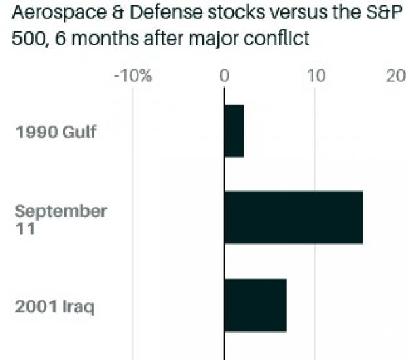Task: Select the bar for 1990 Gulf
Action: (x=234, y=131)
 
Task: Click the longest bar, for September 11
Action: (x=293, y=217)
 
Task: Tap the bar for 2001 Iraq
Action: (x=255, y=305)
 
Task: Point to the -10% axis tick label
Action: (x=133, y=76)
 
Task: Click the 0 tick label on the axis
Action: (x=224, y=76)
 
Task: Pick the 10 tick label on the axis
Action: (x=316, y=76)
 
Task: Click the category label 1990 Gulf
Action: (x=56, y=132)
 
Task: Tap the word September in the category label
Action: (x=61, y=211)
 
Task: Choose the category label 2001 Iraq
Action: (x=56, y=306)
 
